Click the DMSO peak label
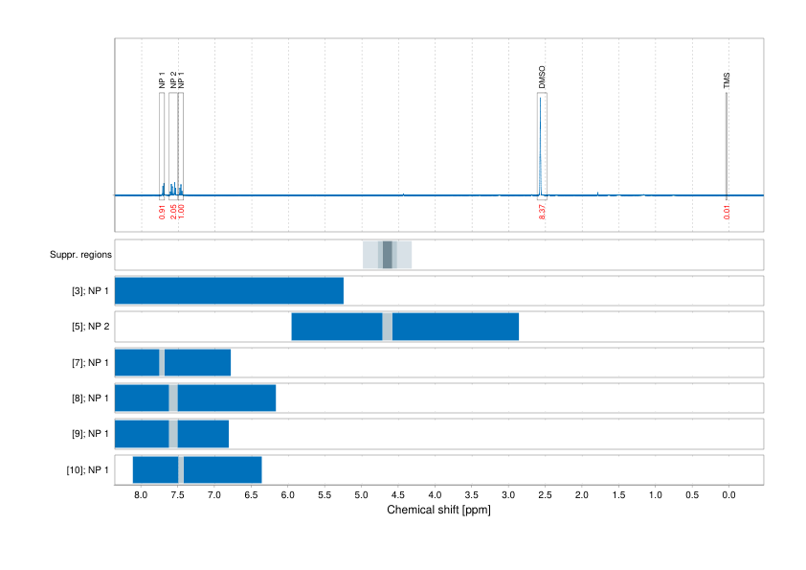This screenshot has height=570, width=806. tap(542, 78)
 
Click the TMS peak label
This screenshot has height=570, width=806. tap(727, 81)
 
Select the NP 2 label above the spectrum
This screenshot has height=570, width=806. tap(172, 80)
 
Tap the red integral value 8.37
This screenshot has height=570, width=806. tap(543, 212)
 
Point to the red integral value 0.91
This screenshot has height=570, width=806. tap(162, 212)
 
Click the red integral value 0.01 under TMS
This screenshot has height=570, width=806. tap(727, 212)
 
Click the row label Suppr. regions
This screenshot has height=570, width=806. tap(80, 255)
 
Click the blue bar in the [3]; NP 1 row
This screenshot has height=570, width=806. tap(229, 290)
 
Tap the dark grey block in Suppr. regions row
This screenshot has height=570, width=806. tap(387, 255)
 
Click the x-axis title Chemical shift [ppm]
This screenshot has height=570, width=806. tap(438, 510)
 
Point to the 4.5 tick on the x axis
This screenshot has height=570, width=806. tap(397, 495)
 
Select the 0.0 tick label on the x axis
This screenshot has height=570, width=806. tap(728, 495)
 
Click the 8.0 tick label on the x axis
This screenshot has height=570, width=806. tap(141, 495)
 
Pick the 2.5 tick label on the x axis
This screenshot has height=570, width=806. tap(545, 495)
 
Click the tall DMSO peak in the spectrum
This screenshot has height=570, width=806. tap(541, 144)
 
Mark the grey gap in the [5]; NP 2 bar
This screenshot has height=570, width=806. tap(387, 327)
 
